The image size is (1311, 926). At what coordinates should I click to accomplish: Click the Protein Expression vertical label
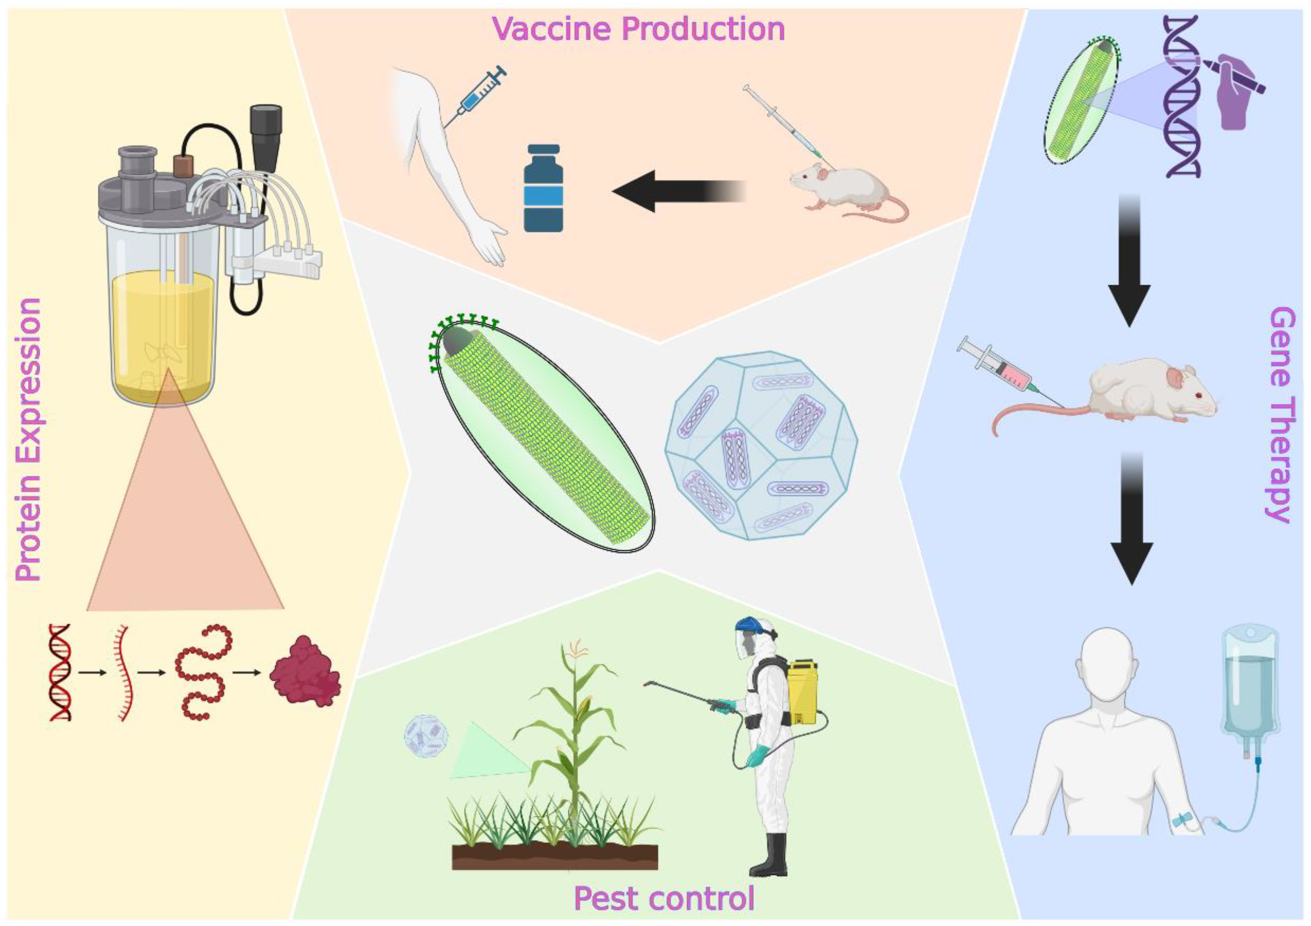(x=29, y=439)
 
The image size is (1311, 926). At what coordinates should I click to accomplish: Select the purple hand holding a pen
(x=1239, y=97)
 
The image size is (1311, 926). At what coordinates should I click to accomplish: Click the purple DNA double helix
(x=1182, y=97)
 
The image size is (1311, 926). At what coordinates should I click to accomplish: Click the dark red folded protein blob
(x=305, y=673)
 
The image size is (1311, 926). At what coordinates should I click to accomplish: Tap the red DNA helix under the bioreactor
(x=61, y=673)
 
